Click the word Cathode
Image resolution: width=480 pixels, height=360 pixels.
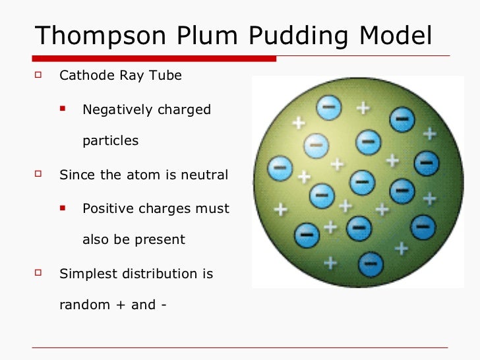click(85, 75)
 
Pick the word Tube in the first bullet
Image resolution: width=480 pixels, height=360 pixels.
click(167, 75)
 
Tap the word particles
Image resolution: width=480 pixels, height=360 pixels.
click(111, 141)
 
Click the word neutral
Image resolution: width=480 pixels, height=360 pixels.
click(204, 175)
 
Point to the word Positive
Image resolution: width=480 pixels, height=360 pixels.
click(109, 208)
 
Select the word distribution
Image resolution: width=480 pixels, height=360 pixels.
click(166, 273)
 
